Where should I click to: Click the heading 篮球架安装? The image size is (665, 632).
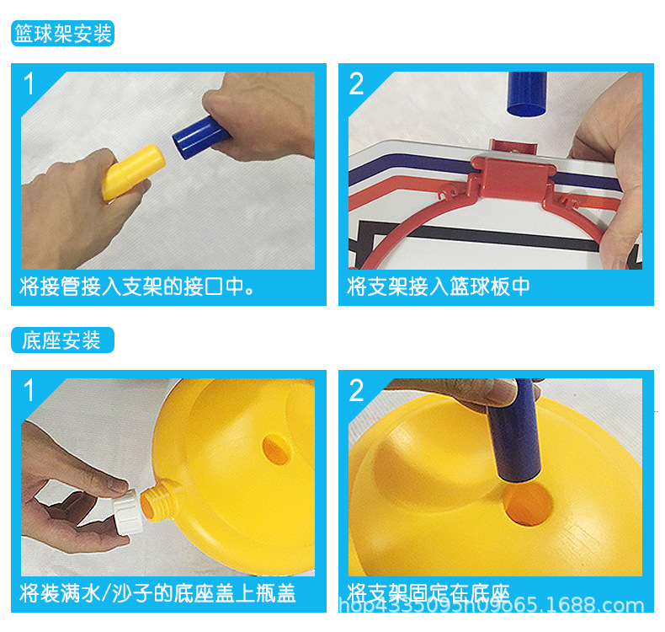(62, 35)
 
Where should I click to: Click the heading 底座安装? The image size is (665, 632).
(62, 340)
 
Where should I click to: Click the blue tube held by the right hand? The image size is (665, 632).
(199, 137)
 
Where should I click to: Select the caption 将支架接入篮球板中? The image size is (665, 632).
(439, 287)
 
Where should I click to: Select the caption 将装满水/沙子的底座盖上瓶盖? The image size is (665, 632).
(157, 593)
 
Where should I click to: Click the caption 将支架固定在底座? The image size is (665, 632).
(428, 593)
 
